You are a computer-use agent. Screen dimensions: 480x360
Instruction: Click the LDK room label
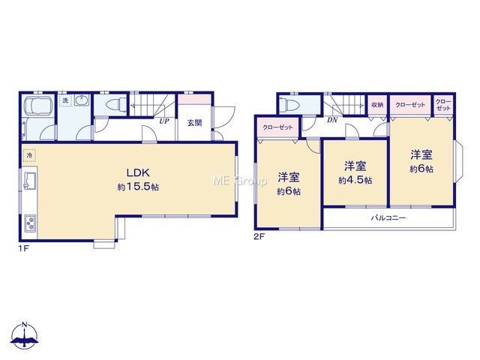pos(138,172)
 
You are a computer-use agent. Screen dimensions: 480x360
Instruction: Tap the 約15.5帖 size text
pos(138,187)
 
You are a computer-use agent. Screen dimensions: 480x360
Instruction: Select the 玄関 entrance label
pos(194,123)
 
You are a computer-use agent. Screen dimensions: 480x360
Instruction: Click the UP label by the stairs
pos(164,121)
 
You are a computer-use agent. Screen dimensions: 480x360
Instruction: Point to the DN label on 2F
pos(332,120)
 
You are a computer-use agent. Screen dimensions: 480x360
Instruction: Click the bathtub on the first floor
pos(37,106)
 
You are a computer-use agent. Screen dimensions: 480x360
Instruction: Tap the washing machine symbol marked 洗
pos(65,100)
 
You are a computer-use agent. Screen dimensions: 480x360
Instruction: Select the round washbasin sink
pos(81,100)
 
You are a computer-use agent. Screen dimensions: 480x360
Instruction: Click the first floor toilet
pos(116,103)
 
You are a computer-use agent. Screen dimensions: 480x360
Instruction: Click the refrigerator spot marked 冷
pos(29,155)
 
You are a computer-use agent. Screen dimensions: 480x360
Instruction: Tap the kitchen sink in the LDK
pos(30,180)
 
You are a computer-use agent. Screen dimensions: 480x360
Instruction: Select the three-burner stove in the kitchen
pos(30,223)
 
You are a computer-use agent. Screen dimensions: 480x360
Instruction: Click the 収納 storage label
pos(377,105)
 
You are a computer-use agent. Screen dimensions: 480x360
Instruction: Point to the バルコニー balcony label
pos(388,218)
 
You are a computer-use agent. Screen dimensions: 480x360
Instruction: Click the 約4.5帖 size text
pos(355,180)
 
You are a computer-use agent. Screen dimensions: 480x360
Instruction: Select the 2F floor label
pos(259,237)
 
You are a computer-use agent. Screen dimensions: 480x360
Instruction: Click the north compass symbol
pos(25,336)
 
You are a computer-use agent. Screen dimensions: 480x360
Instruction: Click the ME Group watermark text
pos(240,181)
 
